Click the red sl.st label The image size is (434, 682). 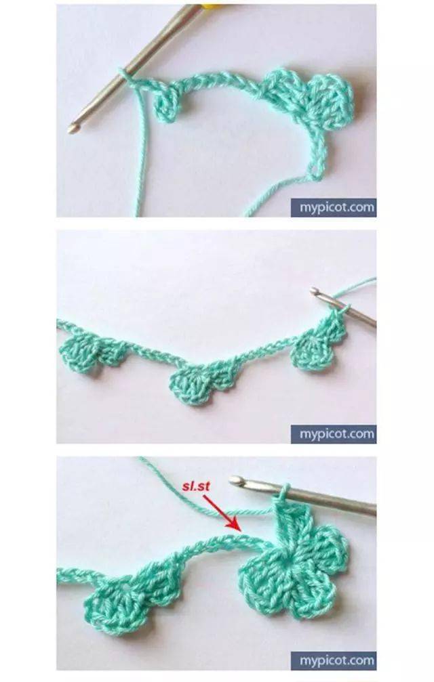(197, 486)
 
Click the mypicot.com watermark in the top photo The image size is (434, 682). (334, 207)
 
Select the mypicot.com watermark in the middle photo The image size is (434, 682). (334, 434)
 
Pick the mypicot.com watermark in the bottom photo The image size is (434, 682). (334, 661)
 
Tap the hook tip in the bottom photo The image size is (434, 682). (235, 481)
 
